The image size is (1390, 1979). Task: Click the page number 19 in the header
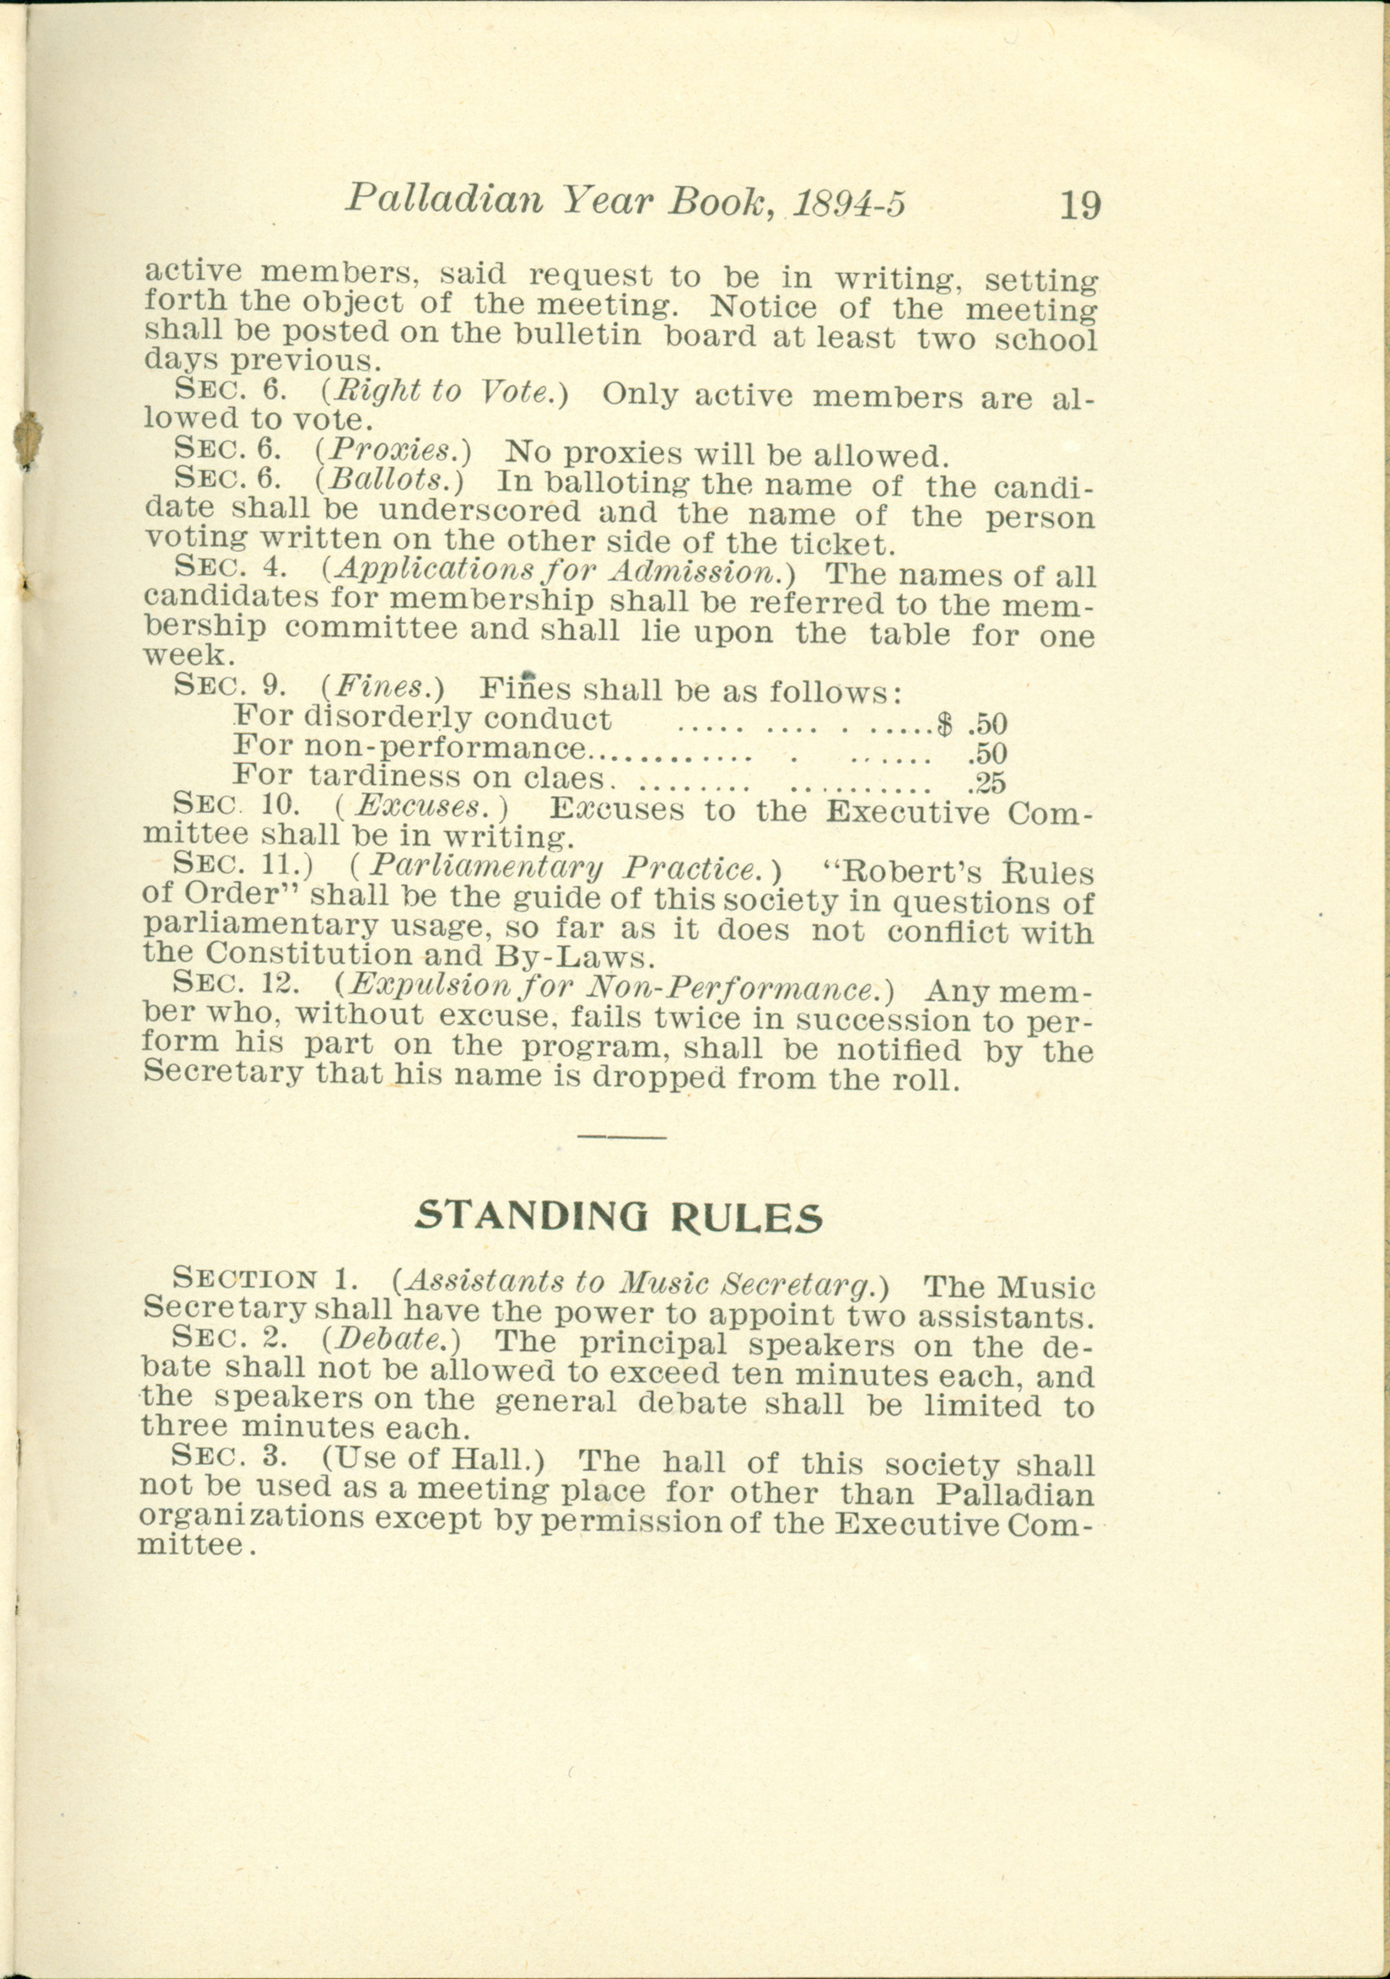click(1079, 206)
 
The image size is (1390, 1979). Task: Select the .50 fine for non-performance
click(987, 753)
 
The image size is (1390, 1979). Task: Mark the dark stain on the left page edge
click(28, 439)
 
